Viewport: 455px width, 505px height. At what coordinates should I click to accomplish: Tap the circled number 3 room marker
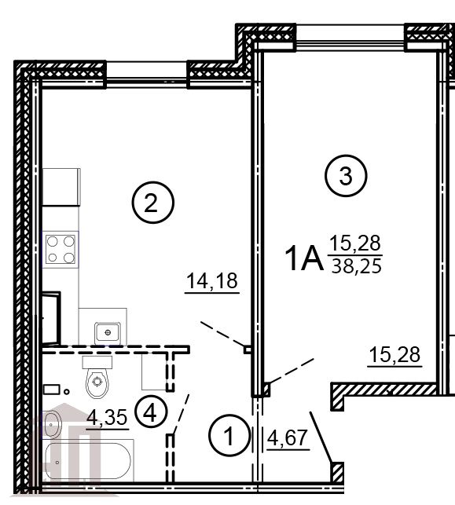pyautogui.click(x=345, y=176)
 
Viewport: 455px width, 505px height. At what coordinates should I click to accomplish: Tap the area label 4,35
pyautogui.click(x=107, y=418)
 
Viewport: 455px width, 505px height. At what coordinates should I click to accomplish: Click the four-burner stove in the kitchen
pyautogui.click(x=61, y=250)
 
